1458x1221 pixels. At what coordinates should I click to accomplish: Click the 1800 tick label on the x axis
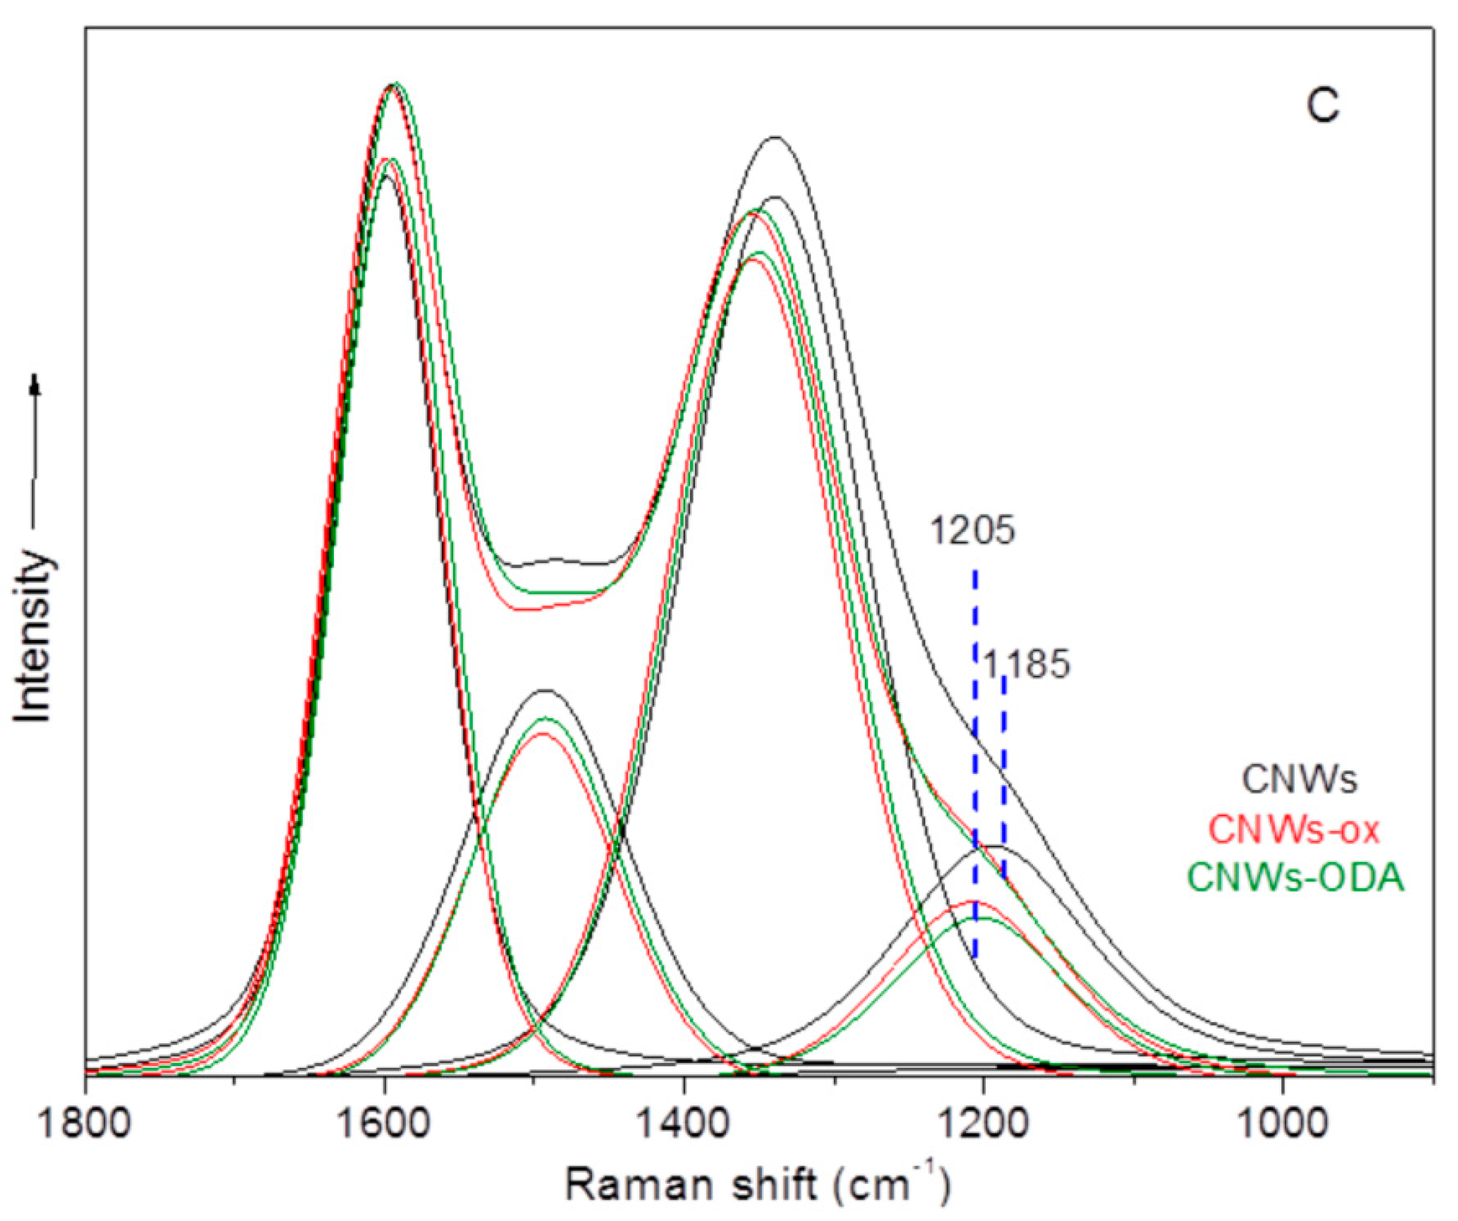coord(86,1122)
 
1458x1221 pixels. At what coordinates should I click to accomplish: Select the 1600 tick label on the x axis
coord(385,1122)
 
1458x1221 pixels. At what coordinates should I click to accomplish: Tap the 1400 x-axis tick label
coord(685,1122)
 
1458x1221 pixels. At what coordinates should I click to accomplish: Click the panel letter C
coord(1323,108)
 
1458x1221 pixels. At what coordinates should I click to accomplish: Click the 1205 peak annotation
coord(973,531)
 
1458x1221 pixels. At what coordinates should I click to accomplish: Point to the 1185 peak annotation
coord(1026,665)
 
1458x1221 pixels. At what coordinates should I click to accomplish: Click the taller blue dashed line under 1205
coord(975,764)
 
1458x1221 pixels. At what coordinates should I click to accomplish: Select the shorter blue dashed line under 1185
coord(1003,785)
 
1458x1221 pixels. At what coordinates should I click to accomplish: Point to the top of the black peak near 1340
coord(776,138)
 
